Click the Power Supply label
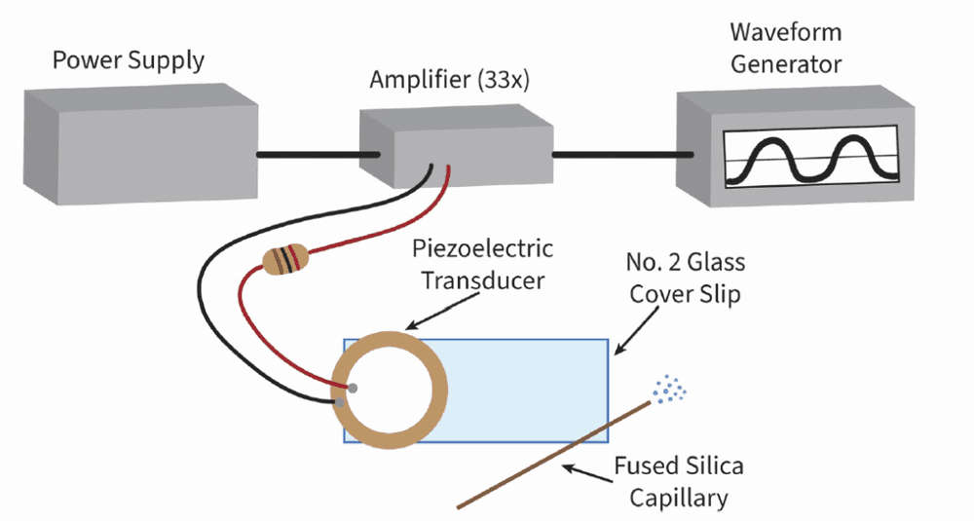tap(128, 61)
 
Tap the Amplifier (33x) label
tap(449, 80)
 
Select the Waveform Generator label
tap(786, 48)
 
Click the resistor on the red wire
tap(285, 259)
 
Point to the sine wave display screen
tap(811, 156)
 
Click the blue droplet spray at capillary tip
tap(668, 390)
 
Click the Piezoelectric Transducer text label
tap(483, 264)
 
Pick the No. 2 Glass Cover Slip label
tap(685, 278)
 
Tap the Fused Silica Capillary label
tap(678, 482)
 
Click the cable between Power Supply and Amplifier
tap(318, 155)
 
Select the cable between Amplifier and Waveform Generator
tap(623, 155)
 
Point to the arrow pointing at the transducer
tap(442, 311)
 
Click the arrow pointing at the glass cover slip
tap(635, 331)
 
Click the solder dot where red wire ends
tap(353, 389)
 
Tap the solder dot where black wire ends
tap(339, 402)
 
